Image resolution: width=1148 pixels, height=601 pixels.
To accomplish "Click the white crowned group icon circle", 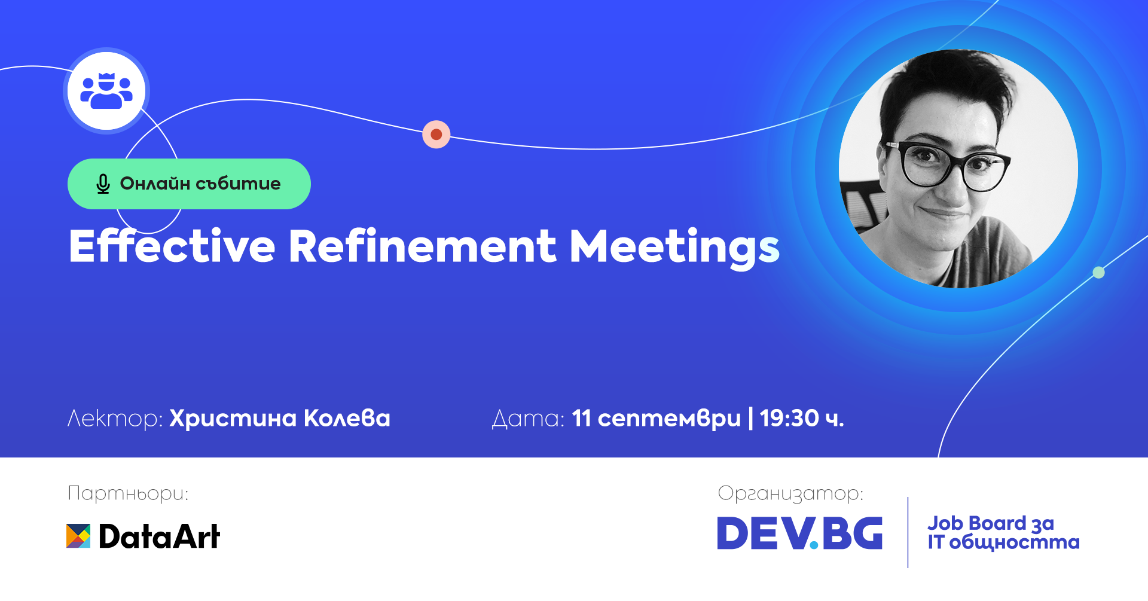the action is click(x=106, y=91).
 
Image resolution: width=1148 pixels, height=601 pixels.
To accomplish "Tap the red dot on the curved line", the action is click(x=436, y=134).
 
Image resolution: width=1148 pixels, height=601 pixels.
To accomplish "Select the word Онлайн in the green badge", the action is click(x=155, y=183).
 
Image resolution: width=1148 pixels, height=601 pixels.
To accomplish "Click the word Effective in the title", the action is click(x=172, y=246).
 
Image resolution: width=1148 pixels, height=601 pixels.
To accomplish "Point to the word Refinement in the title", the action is click(x=423, y=246).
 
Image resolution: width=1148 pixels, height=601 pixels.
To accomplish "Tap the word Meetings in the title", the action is click(x=674, y=248).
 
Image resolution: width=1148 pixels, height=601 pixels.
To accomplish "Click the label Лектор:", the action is click(x=115, y=419).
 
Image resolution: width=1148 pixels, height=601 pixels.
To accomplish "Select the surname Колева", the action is click(x=347, y=418).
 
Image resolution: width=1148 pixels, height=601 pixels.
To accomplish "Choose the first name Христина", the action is click(x=233, y=419).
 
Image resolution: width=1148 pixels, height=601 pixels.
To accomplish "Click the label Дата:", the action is click(x=528, y=419).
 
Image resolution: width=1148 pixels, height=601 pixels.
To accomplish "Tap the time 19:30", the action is click(x=789, y=418).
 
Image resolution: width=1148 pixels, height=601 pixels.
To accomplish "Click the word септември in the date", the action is click(x=669, y=419).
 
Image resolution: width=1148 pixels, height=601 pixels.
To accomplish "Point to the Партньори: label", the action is click(x=128, y=493).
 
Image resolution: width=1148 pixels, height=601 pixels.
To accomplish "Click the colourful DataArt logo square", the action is click(x=78, y=536).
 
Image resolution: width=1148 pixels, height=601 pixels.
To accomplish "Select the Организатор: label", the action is click(x=790, y=493).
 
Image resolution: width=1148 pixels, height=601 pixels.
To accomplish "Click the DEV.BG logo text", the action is click(x=800, y=533).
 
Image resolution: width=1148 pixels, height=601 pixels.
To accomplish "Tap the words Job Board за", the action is click(x=991, y=523).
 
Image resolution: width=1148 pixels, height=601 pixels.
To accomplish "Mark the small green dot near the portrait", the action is click(x=1098, y=273).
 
